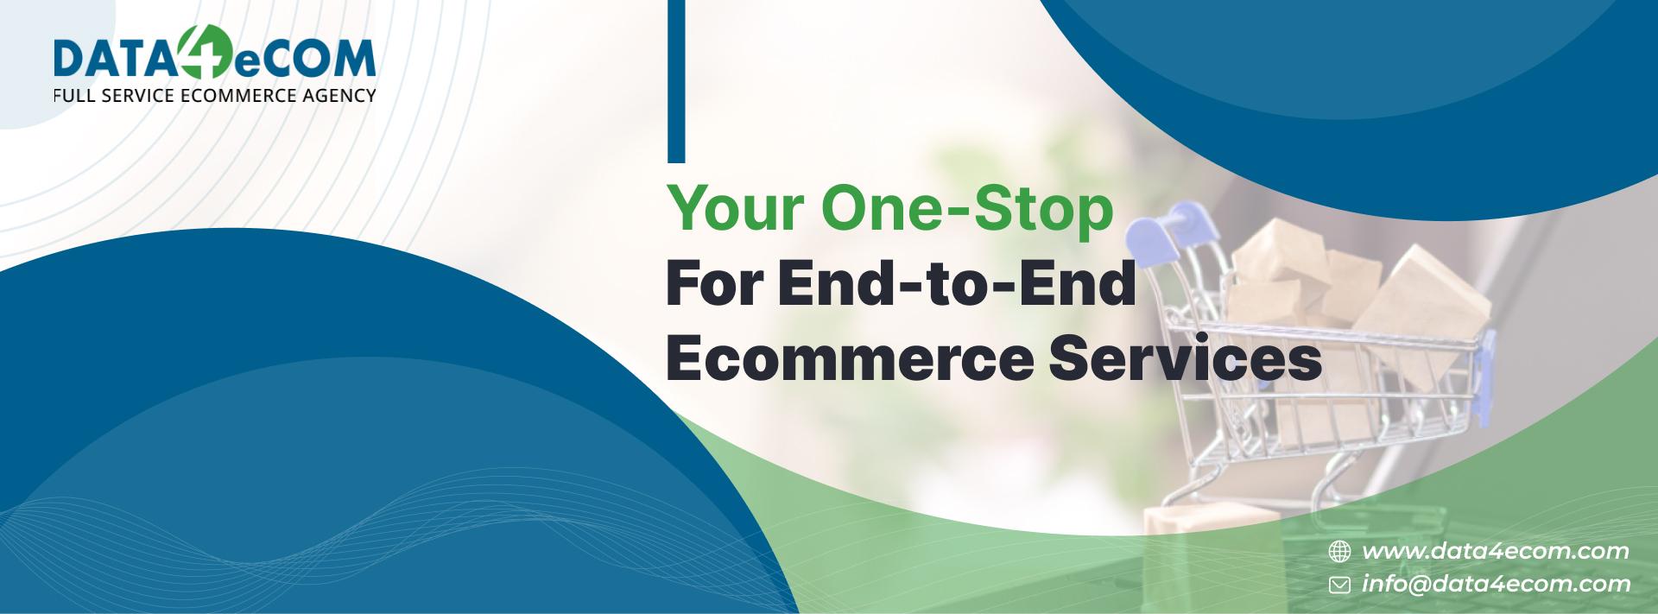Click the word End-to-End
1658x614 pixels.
pyautogui.click(x=957, y=284)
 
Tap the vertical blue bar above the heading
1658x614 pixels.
pyautogui.click(x=676, y=81)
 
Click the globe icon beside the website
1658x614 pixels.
pyautogui.click(x=1339, y=551)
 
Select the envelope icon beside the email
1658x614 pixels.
pyautogui.click(x=1339, y=586)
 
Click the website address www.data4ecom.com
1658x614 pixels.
pyautogui.click(x=1495, y=551)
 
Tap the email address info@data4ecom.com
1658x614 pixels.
pyautogui.click(x=1496, y=585)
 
